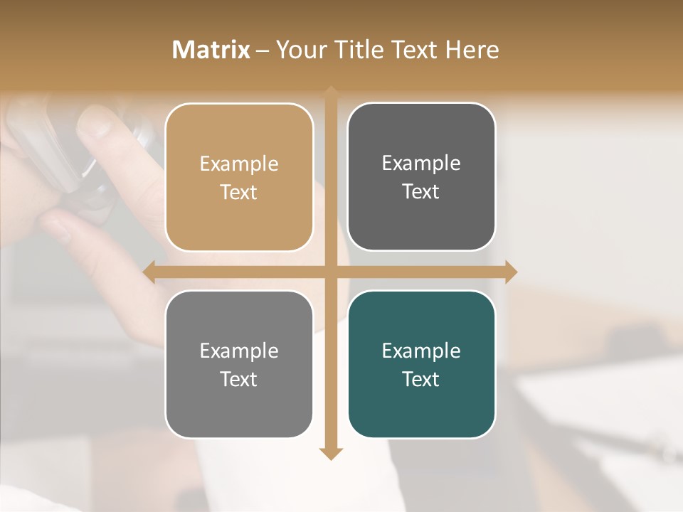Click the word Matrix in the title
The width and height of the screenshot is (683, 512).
[211, 50]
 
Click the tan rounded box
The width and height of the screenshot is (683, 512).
[239, 220]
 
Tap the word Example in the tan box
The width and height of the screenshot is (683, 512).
[239, 164]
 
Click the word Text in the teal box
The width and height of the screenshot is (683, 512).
[421, 379]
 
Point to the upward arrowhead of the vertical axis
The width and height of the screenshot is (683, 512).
[331, 92]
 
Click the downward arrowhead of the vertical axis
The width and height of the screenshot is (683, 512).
[331, 453]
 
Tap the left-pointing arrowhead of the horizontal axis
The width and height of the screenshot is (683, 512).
[150, 272]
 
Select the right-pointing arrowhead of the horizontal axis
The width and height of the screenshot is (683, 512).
[511, 272]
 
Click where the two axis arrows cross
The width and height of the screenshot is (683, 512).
[331, 272]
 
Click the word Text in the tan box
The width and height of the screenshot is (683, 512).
[239, 192]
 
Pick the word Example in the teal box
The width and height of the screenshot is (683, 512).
[421, 351]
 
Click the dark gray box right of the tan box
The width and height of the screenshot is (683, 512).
[421, 220]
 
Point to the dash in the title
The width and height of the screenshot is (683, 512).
[263, 50]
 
